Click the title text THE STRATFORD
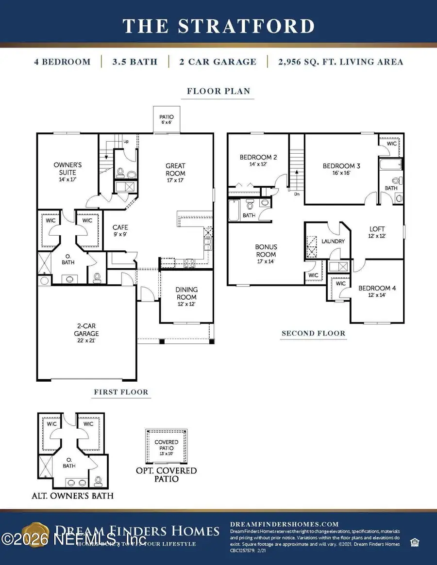218,26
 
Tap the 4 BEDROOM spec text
62,62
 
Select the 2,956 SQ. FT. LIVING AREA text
340,62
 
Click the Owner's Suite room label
67,172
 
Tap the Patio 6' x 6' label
167,120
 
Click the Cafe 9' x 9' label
120,230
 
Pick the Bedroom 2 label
258,161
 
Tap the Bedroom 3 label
341,169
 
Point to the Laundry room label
333,241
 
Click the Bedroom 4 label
377,291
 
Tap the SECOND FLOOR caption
314,333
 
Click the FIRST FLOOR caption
120,392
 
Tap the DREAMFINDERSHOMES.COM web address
284,524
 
